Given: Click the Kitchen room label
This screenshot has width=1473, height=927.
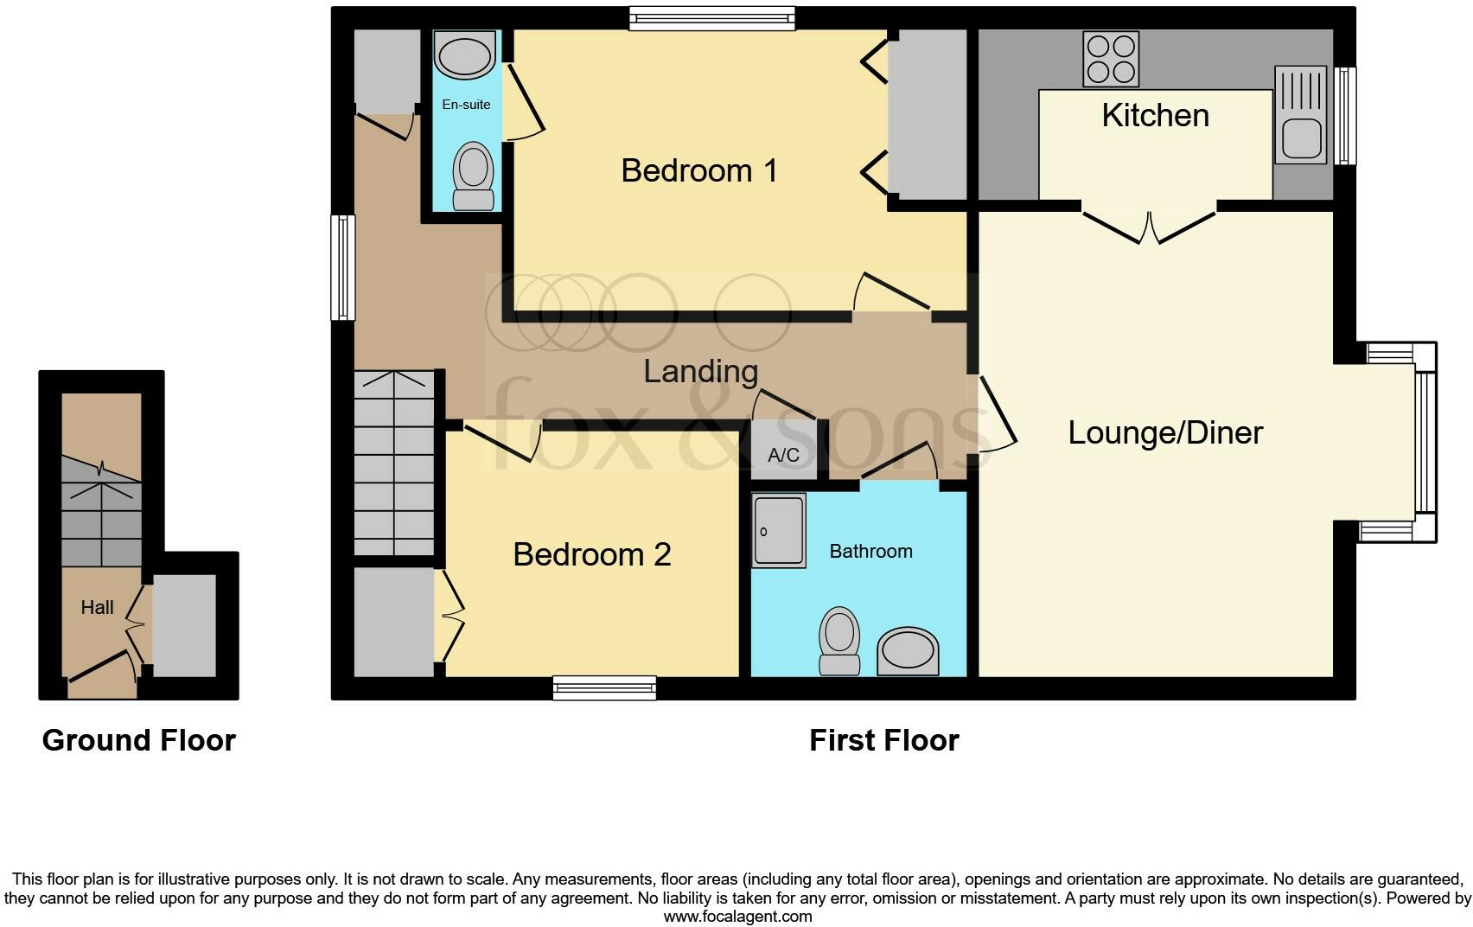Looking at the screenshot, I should pyautogui.click(x=1155, y=116).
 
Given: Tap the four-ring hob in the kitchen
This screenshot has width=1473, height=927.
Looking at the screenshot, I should pyautogui.click(x=1111, y=59).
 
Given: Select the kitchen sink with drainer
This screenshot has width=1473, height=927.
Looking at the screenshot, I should pyautogui.click(x=1300, y=115).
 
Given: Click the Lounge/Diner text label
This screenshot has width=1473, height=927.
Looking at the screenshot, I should pyautogui.click(x=1165, y=432).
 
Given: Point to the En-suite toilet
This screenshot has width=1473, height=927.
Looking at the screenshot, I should pyautogui.click(x=473, y=176).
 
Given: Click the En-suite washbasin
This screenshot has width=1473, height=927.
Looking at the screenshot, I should pyautogui.click(x=466, y=55).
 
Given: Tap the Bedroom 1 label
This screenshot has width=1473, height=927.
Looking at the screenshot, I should pyautogui.click(x=699, y=170).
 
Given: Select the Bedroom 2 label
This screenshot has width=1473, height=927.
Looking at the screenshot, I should pyautogui.click(x=591, y=554).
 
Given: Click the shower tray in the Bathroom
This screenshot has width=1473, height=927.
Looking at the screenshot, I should pyautogui.click(x=778, y=530).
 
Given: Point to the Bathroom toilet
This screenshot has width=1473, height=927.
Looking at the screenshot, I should pyautogui.click(x=839, y=640).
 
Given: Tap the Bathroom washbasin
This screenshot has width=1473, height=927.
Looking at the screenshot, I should pyautogui.click(x=908, y=651).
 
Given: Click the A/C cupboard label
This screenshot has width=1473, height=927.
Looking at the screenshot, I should pyautogui.click(x=783, y=455).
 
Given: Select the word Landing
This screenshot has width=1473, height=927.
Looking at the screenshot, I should pyautogui.click(x=701, y=371).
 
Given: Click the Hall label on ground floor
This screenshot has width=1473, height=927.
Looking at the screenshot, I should pyautogui.click(x=97, y=608).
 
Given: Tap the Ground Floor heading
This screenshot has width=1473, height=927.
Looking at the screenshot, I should pyautogui.click(x=139, y=740).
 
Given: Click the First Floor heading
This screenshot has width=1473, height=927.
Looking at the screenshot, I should pyautogui.click(x=883, y=740).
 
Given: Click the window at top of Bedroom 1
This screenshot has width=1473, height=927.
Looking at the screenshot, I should pyautogui.click(x=711, y=18).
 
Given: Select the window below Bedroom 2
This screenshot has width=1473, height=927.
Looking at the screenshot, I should pyautogui.click(x=604, y=688).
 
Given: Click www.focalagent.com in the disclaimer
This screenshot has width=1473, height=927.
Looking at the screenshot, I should pyautogui.click(x=737, y=917).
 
